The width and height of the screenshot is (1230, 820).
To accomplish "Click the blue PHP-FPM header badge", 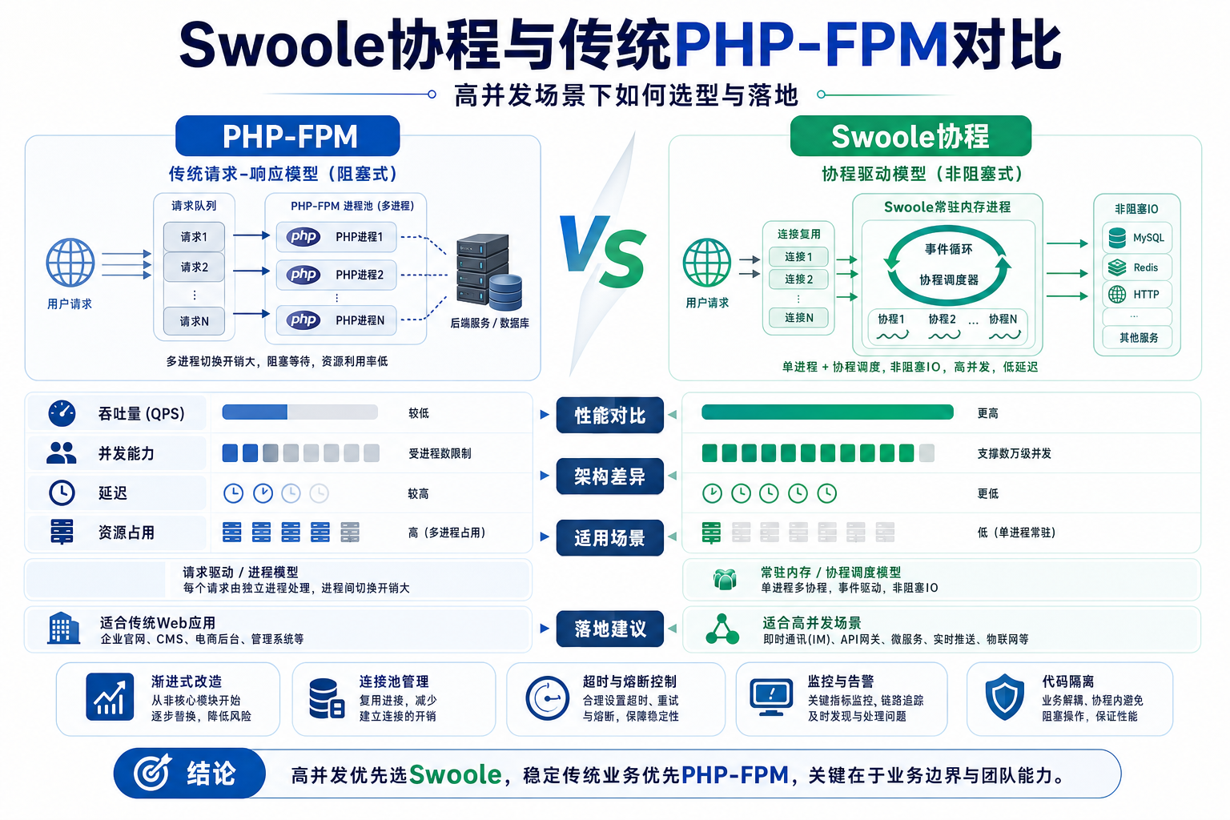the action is (287, 135).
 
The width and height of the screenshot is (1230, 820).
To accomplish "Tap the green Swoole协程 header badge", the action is (910, 135).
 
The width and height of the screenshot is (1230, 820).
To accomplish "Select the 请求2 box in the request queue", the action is (194, 267).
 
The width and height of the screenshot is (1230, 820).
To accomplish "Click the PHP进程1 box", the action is (336, 237).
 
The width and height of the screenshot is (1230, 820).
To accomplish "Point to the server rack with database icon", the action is (488, 271).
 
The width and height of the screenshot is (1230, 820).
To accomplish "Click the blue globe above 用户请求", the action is (70, 263).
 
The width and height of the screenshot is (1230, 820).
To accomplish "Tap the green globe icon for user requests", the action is (707, 262).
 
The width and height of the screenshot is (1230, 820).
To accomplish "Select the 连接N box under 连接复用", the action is (798, 317).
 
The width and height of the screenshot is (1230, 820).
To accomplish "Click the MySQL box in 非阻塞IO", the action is (1136, 238).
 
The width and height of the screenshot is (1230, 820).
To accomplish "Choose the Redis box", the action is (1136, 267).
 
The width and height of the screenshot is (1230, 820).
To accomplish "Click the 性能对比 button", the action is (609, 416).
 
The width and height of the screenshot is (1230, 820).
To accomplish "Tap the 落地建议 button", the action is (609, 629).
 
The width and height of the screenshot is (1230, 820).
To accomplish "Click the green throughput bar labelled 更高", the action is (827, 412).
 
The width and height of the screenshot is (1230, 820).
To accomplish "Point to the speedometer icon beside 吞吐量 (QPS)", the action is (62, 413).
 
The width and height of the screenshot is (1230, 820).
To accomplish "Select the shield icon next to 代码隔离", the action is (1004, 697).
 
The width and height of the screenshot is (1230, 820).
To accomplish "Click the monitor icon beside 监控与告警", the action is (771, 697).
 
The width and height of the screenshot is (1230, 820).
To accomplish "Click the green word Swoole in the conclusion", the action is (455, 774).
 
